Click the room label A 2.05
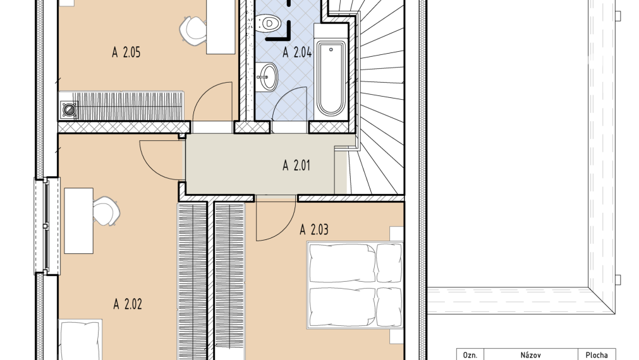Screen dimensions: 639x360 click(126, 52)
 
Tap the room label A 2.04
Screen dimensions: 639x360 click(298, 52)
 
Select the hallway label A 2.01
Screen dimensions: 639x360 click(296, 165)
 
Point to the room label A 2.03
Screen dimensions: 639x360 click(313, 230)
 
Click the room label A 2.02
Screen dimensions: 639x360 click(128, 304)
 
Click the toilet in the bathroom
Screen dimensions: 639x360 click(269, 22)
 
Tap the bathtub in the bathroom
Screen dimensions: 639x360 click(331, 78)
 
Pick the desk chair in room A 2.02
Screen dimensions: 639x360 click(106, 210)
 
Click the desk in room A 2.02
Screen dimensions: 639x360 click(78, 220)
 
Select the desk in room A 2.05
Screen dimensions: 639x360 click(221, 27)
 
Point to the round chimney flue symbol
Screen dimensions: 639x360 click(70, 109)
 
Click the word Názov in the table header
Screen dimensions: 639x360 click(530, 355)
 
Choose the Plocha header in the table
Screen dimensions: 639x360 click(597, 355)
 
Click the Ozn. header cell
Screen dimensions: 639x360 click(470, 355)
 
